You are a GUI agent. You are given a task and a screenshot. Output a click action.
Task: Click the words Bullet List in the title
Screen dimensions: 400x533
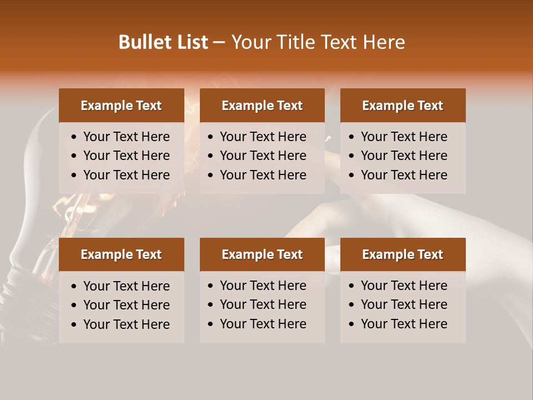[x=163, y=42]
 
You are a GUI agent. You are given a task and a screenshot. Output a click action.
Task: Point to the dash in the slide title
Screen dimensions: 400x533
[x=219, y=43]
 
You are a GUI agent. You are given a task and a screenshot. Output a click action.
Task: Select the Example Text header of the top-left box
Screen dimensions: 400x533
[x=121, y=106]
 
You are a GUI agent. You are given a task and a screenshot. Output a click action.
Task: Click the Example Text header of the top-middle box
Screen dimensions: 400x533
[x=262, y=106]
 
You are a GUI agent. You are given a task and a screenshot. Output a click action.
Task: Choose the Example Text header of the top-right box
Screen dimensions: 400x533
[x=403, y=106]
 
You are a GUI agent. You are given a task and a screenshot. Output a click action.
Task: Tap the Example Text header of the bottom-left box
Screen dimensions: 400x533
[x=121, y=254]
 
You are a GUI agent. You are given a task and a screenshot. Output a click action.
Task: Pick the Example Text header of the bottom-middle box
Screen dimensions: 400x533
[x=262, y=254]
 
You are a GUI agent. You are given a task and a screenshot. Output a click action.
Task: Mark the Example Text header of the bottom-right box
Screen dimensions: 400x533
[x=403, y=254]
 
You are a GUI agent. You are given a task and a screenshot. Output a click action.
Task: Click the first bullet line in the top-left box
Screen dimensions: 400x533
[x=126, y=137]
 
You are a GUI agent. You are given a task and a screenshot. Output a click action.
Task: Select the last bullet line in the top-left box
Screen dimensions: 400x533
[x=126, y=175]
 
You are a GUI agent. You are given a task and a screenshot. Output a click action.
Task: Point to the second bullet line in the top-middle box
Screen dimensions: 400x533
[x=263, y=156]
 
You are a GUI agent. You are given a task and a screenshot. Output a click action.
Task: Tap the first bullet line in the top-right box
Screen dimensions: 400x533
[x=404, y=137]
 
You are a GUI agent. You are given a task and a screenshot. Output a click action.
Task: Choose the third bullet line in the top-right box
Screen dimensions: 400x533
[x=404, y=175]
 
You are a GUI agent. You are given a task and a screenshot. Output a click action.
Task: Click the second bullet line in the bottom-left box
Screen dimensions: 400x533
[x=126, y=305]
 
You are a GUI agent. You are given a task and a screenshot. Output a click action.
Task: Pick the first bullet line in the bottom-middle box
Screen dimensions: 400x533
[x=263, y=286]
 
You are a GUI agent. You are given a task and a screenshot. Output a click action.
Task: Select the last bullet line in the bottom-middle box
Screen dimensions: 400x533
[x=263, y=324]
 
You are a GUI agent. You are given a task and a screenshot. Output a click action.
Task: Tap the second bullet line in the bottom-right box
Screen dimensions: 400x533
[x=404, y=304]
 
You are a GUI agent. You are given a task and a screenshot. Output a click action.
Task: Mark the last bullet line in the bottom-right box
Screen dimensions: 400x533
[x=404, y=324]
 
